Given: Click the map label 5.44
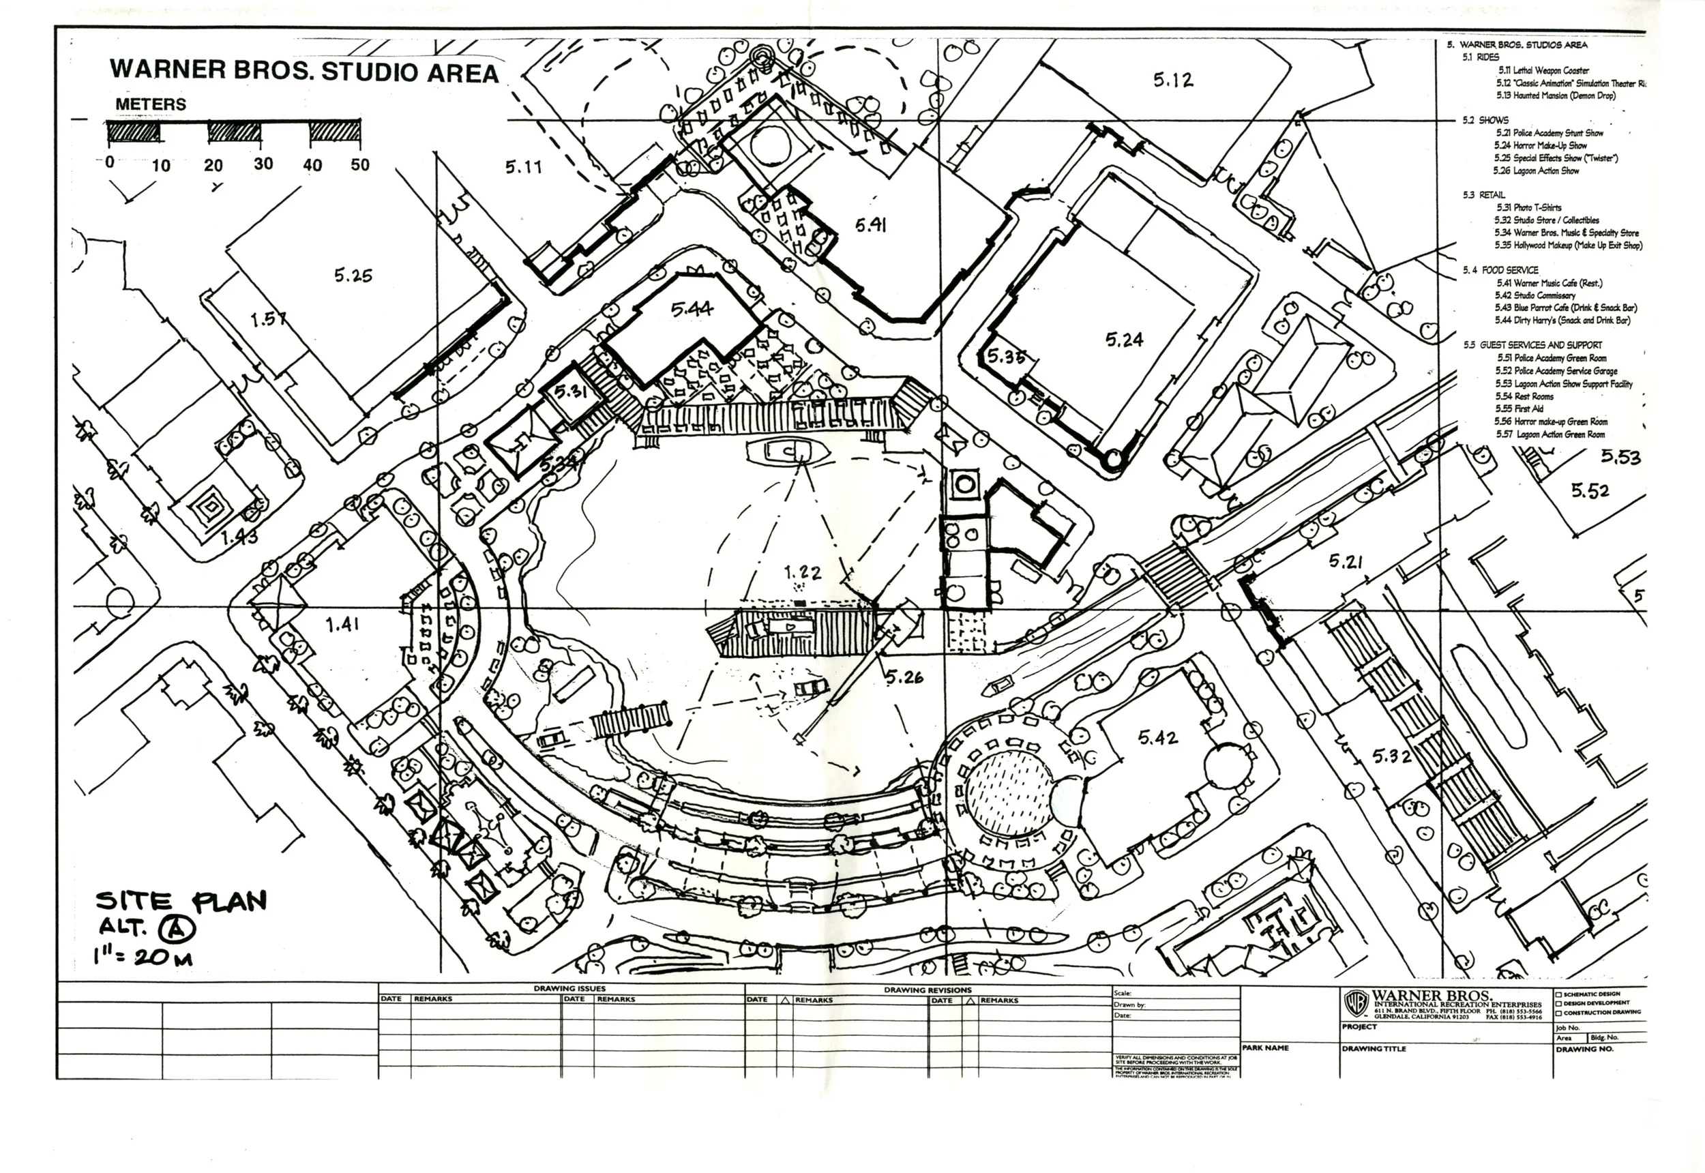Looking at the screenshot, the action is tap(692, 310).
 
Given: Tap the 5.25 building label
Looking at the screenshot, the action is tap(353, 276).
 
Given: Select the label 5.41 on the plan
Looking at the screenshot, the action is tap(870, 225).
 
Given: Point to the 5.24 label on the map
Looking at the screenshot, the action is tap(1125, 340).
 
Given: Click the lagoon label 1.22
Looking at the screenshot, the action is tap(802, 573).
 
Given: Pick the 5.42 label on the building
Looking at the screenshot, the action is tap(1157, 737).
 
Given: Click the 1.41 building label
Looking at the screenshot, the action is tap(342, 625).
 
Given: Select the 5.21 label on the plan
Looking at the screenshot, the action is tap(1346, 562).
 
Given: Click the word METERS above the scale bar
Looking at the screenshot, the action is tap(151, 104).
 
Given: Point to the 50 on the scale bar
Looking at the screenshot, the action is tap(360, 164).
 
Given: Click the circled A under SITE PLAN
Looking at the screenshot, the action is tap(178, 930).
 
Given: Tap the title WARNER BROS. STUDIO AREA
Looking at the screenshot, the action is tap(304, 72).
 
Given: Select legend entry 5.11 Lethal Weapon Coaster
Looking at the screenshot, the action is tap(1543, 70).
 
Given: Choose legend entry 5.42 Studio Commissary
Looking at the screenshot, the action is tap(1535, 295).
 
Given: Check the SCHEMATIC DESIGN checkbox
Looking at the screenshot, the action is tap(1559, 994).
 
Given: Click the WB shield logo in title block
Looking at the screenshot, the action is tap(1355, 1003).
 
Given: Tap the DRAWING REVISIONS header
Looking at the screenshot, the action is tap(928, 990).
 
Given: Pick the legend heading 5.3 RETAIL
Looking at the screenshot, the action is tap(1483, 195).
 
